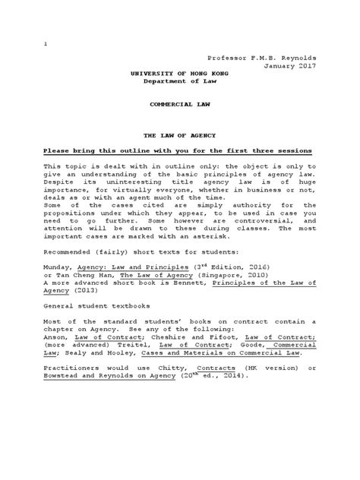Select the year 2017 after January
(304, 66)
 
